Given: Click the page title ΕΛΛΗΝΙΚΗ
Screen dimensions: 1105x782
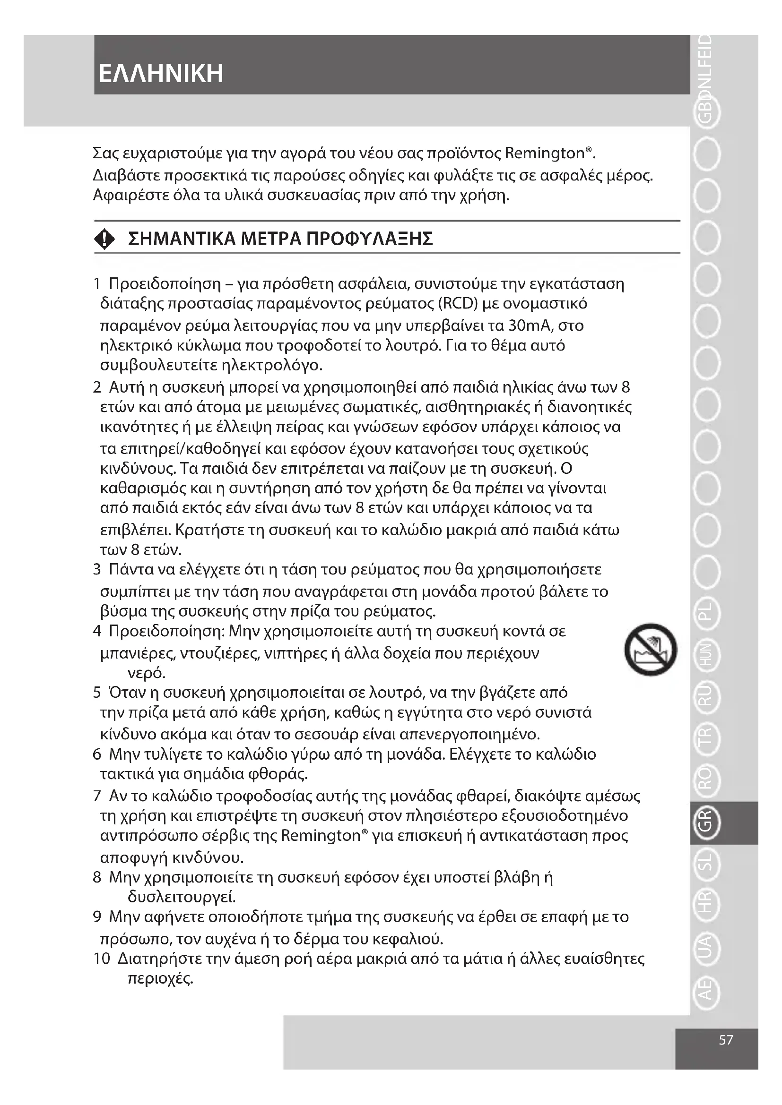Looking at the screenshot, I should (x=161, y=74).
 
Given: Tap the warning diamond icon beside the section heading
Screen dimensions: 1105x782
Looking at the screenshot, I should (x=104, y=239).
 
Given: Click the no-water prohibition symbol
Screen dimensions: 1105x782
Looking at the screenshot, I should (x=651, y=649).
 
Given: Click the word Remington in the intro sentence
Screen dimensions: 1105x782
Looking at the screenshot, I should (x=544, y=154).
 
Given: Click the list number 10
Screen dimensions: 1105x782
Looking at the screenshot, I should (x=102, y=959).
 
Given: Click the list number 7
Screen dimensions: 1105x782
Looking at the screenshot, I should (x=97, y=796).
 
